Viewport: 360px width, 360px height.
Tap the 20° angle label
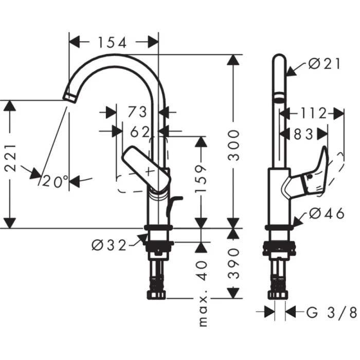[56, 182]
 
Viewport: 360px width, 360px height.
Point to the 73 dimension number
[137, 112]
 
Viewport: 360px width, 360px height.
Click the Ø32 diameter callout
[109, 245]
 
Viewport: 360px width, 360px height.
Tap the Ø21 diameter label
[326, 64]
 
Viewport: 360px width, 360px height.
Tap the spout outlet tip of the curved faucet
[68, 95]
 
